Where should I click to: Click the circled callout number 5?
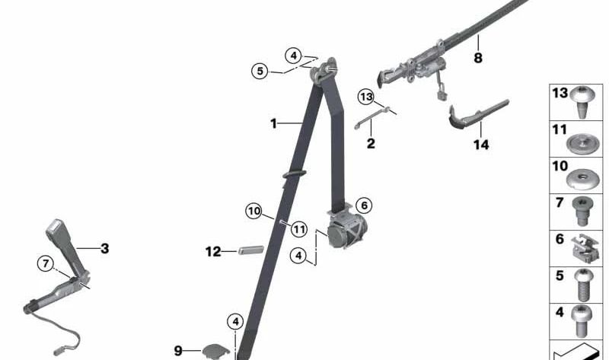coord(260,71)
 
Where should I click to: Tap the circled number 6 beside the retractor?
coord(364,205)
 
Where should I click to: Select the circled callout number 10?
coord(254,212)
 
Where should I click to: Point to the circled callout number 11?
coord(298,229)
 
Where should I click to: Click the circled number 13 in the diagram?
coord(366,97)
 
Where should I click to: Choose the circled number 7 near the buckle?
coord(46,263)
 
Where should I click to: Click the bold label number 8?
coord(478,58)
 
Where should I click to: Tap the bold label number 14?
coord(481,145)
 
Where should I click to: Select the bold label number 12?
coord(213,252)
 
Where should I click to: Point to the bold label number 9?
coord(178,351)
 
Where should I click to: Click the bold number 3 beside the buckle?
coord(105,249)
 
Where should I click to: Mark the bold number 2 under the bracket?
coord(371,144)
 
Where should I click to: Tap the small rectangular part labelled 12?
coord(251,250)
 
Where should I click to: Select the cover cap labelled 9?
coord(215,352)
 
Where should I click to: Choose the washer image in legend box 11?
coord(582,144)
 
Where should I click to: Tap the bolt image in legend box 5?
coord(583,285)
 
